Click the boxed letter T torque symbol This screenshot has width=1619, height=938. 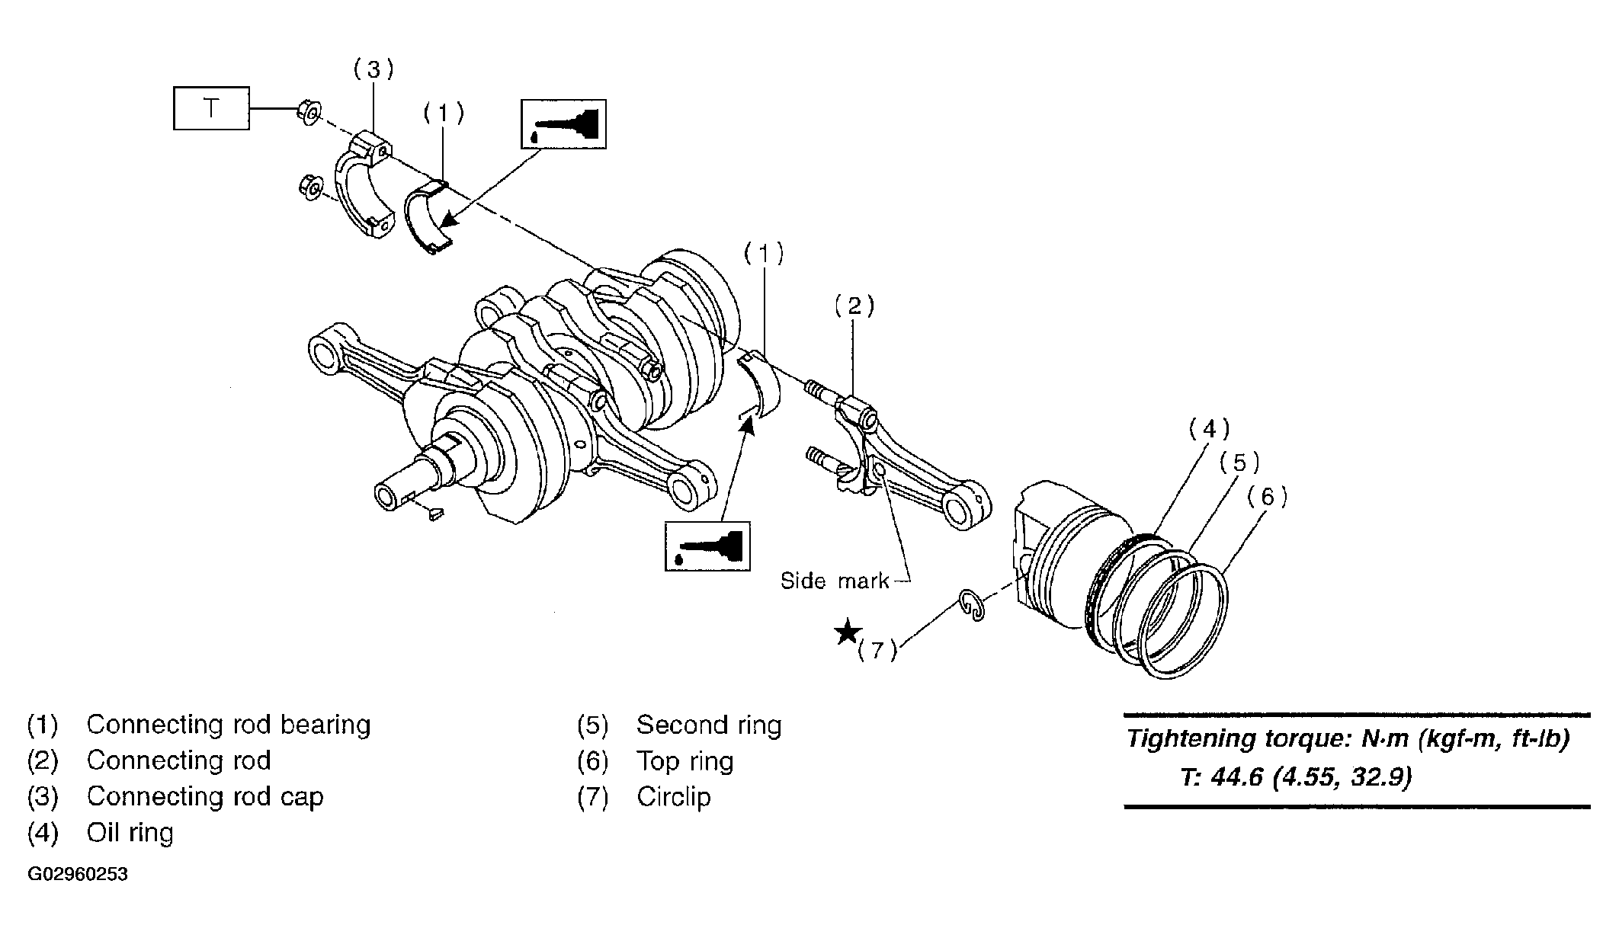[x=211, y=108]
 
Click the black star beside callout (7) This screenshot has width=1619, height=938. [x=848, y=632]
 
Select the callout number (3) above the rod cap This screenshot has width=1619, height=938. [x=373, y=70]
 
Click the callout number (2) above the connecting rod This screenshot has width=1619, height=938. [x=854, y=306]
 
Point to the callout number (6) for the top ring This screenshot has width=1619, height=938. [x=1267, y=498]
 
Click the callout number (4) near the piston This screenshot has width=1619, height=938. [x=1210, y=429]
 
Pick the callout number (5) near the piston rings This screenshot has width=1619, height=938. [x=1239, y=463]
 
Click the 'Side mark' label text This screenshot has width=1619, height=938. [x=835, y=581]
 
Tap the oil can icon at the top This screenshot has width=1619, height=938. [x=563, y=123]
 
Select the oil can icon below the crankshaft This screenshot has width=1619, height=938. [x=707, y=546]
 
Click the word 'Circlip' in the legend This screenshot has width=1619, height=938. [x=674, y=797]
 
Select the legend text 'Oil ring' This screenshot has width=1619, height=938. [x=130, y=832]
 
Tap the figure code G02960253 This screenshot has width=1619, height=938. [x=78, y=874]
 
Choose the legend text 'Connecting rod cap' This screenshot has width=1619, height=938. [x=205, y=796]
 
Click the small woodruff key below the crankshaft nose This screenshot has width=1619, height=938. [x=435, y=514]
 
